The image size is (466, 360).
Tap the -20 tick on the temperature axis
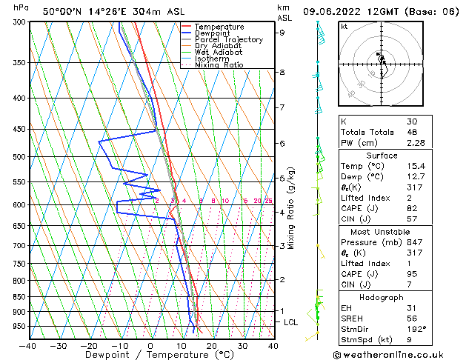tap(88, 345)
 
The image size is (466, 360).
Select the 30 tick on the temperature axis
tap(242, 345)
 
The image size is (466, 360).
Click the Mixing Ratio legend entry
tap(219, 65)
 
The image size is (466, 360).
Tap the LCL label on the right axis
tap(291, 322)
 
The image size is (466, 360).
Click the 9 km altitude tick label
tap(282, 33)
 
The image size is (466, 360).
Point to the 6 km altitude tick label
tap(282, 143)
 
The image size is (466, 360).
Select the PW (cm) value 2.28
tap(417, 143)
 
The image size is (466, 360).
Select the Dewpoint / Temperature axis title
tap(150, 356)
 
